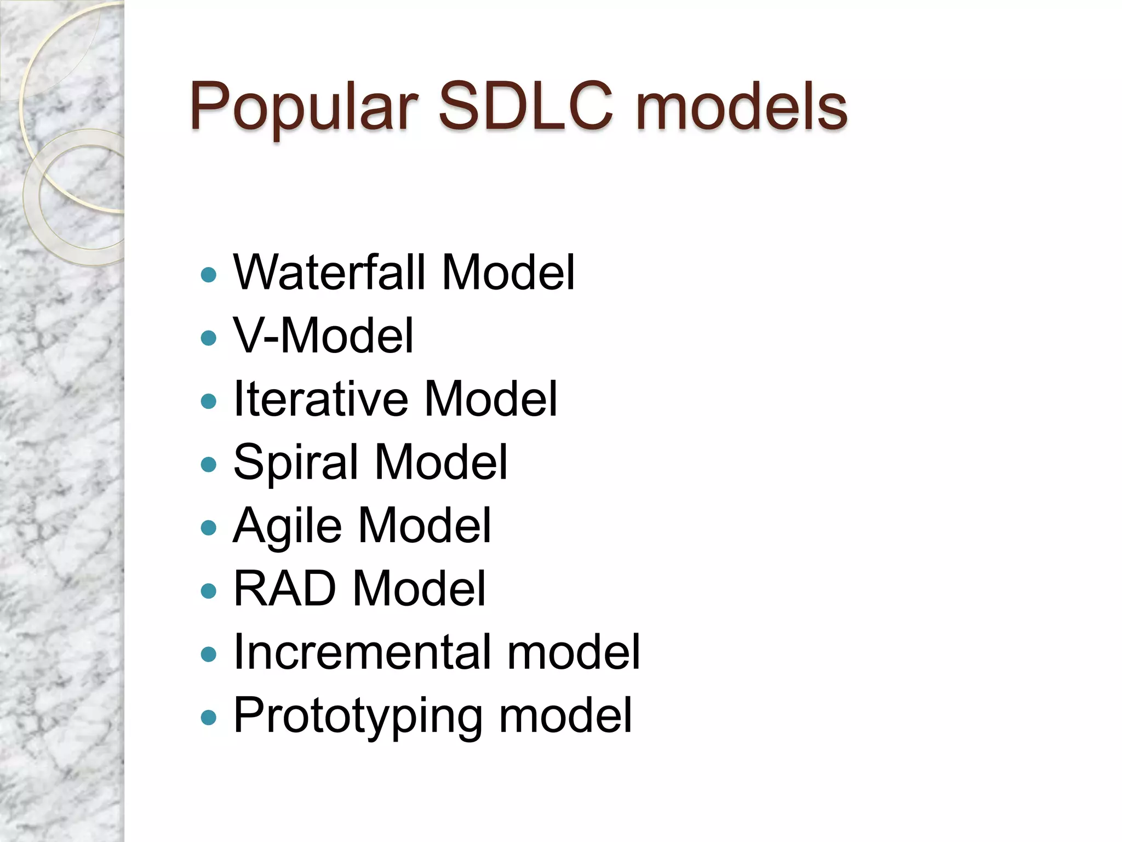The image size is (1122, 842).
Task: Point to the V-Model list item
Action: (323, 335)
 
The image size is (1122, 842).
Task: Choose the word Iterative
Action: (321, 399)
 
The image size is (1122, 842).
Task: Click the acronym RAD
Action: (284, 589)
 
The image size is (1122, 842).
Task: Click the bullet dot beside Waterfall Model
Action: (209, 275)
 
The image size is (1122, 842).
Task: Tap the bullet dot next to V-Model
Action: (209, 338)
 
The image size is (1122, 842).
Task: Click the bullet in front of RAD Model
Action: (209, 591)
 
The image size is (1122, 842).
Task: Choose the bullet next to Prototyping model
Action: (209, 718)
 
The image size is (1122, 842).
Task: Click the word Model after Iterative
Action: (491, 399)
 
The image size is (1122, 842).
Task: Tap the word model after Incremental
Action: (574, 652)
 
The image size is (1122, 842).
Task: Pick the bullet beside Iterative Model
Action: (209, 401)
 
